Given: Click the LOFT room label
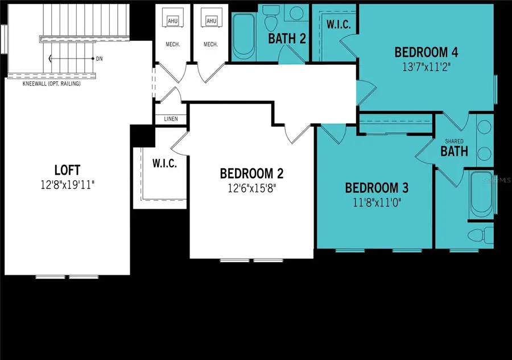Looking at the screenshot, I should pos(67,170).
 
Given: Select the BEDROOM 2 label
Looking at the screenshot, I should pos(251,173).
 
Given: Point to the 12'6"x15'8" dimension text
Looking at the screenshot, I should pos(251,187).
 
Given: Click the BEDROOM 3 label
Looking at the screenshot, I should pos(377,188).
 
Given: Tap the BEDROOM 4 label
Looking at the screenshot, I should pos(427,52).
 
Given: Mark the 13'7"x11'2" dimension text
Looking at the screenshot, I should pos(427,66).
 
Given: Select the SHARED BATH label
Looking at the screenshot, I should pos(455,149).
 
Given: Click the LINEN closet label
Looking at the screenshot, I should pos(171,119).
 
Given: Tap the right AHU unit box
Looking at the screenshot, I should pos(211,21).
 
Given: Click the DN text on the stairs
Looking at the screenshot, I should pos(100,59).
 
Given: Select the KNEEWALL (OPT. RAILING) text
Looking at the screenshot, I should pos(51,84).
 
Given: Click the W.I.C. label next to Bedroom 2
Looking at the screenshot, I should pos(164,163).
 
